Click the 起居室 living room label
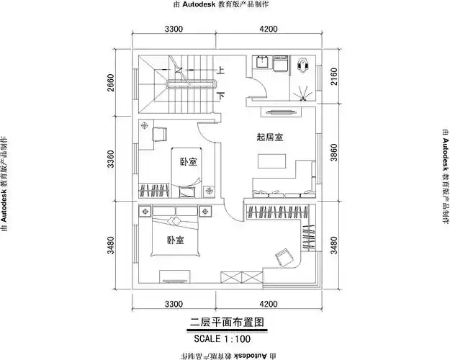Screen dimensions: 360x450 (x=269, y=136)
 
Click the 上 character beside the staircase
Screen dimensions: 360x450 (x=221, y=71)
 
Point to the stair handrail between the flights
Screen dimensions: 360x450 (x=193, y=85)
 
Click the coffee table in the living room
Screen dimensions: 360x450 (x=271, y=165)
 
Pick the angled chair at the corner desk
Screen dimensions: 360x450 (x=283, y=256)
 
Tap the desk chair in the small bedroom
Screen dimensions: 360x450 (x=160, y=132)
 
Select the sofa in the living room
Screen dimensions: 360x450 (x=281, y=193)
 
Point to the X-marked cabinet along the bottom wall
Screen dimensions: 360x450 (x=235, y=279)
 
